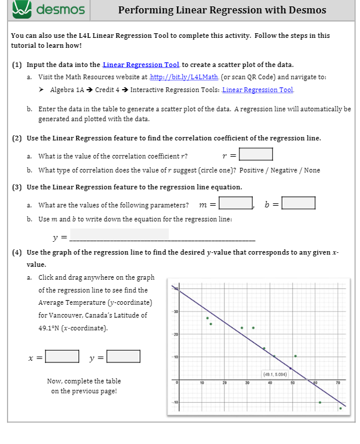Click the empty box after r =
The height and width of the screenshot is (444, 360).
[x=256, y=154]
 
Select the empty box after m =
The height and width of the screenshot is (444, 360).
[x=235, y=203]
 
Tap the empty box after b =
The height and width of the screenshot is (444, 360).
[x=298, y=203]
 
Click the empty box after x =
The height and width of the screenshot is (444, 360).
[x=63, y=356]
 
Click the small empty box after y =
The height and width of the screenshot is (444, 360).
[x=123, y=356]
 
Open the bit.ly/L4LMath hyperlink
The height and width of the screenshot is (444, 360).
[x=184, y=77]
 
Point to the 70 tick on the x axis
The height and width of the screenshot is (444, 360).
[x=337, y=383]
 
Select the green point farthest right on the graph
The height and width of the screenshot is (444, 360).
[x=341, y=408]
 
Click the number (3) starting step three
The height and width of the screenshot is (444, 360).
[x=17, y=187]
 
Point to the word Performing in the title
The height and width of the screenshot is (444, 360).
[x=146, y=10]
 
